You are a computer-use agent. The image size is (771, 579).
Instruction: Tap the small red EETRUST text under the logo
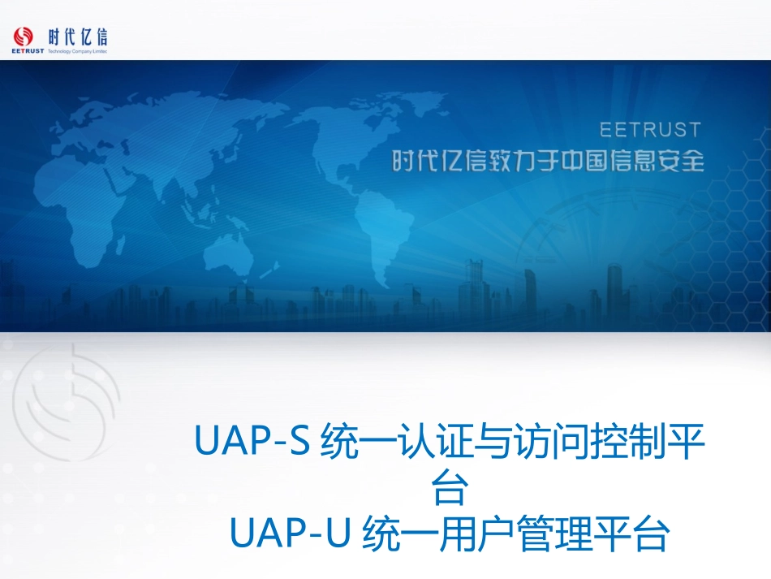tap(28, 51)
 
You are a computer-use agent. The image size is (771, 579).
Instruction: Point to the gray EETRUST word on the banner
tap(650, 130)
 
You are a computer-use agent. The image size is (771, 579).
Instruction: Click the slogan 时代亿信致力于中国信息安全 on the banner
tap(548, 162)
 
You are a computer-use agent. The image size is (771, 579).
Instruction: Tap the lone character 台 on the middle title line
tap(450, 489)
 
